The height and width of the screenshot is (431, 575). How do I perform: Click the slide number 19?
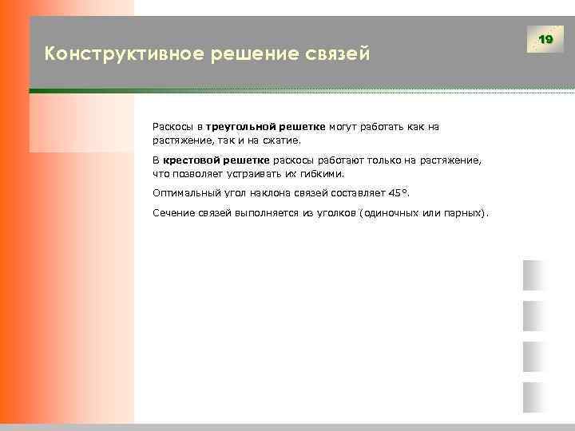(546, 39)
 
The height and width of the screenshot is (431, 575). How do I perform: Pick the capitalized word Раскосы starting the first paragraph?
(172, 126)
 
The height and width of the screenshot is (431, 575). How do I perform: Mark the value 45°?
(396, 193)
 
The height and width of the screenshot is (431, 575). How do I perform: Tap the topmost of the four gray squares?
(533, 275)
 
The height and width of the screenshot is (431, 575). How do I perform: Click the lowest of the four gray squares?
(533, 397)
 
